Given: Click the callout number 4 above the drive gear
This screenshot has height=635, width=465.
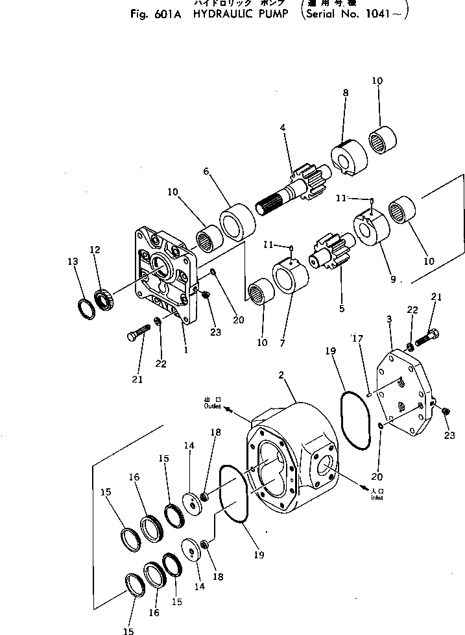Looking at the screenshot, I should [x=283, y=128].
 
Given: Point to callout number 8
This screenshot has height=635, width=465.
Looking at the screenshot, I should [x=346, y=93].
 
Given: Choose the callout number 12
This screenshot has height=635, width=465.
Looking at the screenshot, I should [x=95, y=249].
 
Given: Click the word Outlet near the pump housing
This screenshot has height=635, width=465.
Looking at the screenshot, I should [x=212, y=406].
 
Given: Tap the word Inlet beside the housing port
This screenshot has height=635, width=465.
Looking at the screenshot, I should [x=377, y=498].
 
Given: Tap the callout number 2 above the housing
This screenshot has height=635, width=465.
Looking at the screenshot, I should [x=282, y=375].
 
